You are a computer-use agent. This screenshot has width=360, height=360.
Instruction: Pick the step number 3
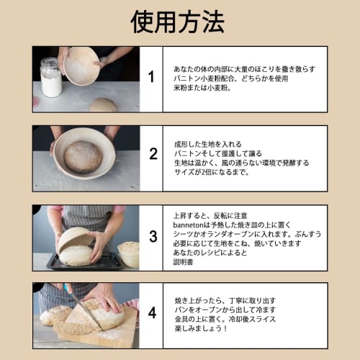click(153, 236)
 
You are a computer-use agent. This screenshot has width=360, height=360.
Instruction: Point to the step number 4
click(152, 313)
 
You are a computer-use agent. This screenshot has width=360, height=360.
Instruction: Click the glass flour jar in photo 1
click(51, 78)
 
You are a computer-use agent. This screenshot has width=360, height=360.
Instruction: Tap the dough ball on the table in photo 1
click(102, 104)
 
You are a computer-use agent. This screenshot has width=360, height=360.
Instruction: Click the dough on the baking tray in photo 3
click(76, 255)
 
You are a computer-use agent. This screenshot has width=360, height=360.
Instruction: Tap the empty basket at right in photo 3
click(130, 253)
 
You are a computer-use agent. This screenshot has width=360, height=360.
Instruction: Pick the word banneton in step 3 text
click(189, 225)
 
